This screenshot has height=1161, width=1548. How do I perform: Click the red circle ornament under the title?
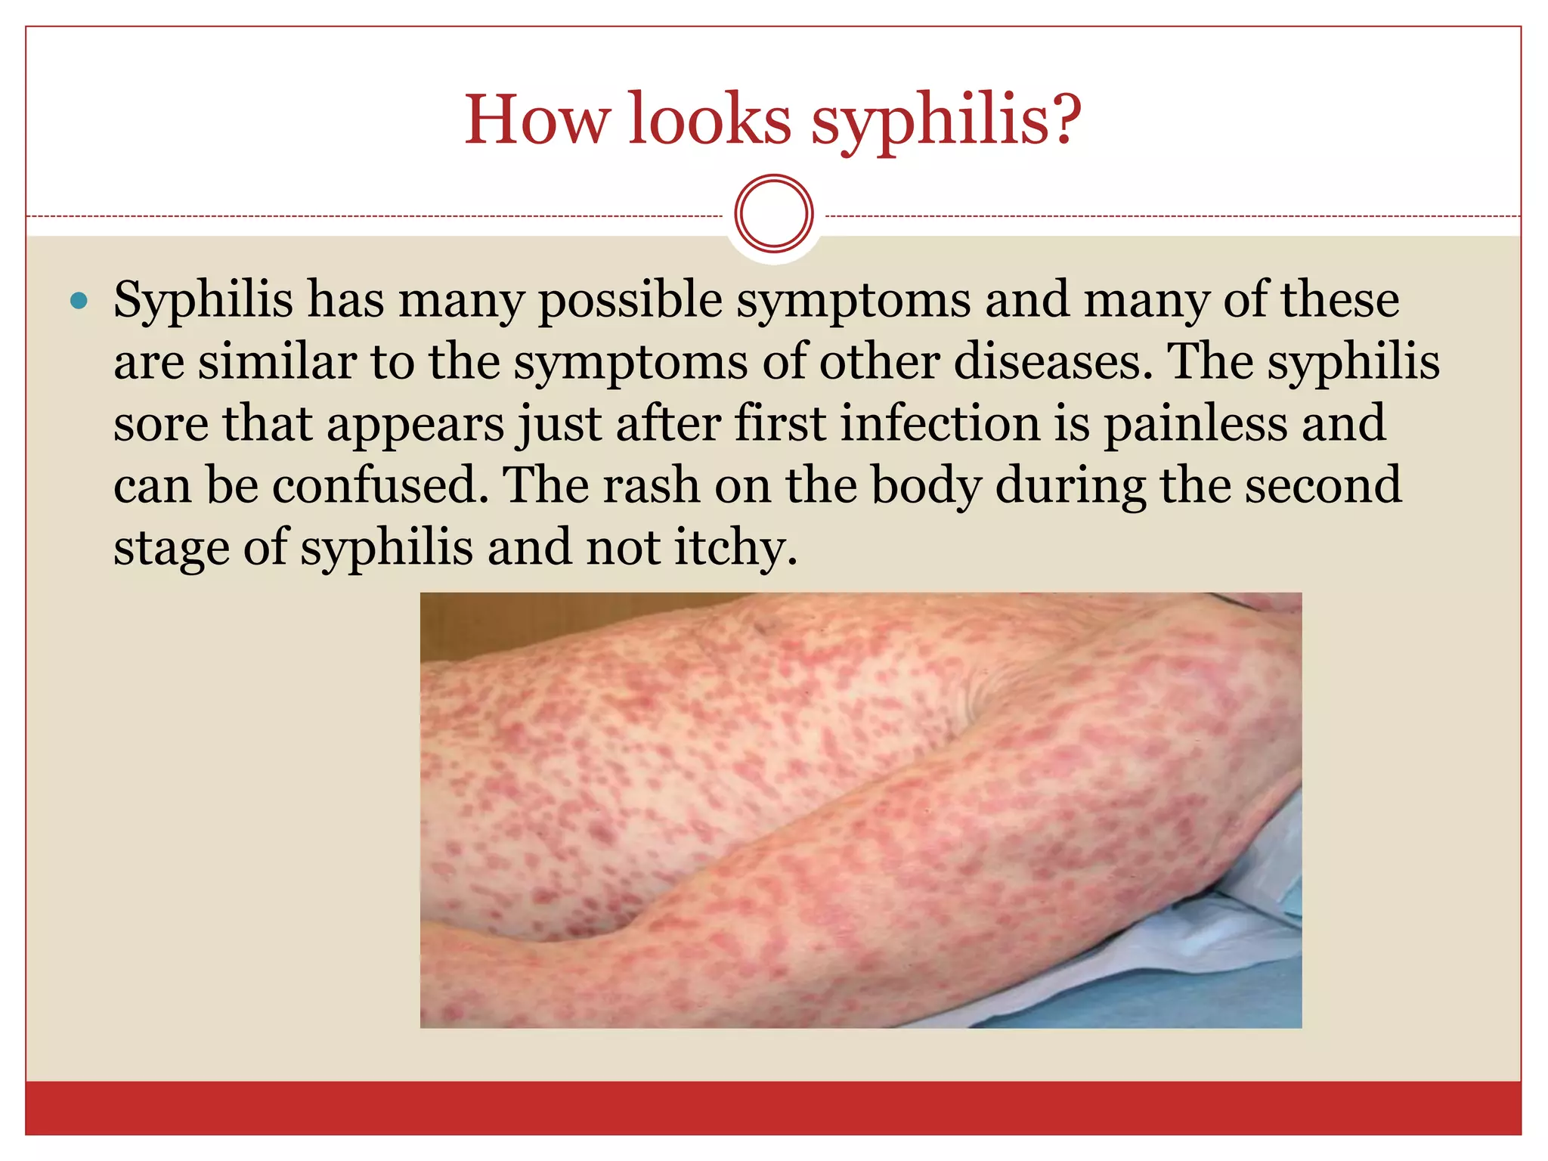(773, 213)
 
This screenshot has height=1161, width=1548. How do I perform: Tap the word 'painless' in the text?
(1194, 423)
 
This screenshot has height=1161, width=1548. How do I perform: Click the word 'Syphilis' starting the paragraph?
(203, 301)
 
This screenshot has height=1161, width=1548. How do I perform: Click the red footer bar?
(773, 1107)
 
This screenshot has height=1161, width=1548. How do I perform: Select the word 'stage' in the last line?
(170, 548)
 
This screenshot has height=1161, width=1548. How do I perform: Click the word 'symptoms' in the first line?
(853, 301)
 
